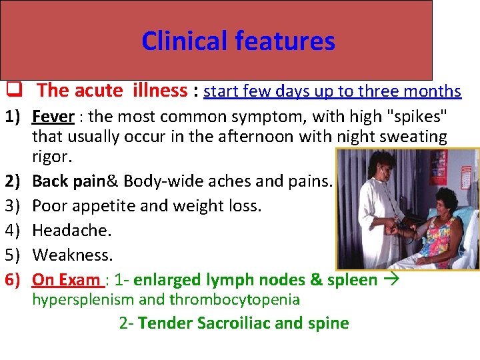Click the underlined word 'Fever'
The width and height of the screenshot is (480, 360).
point(53,117)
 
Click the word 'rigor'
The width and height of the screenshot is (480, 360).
point(49,157)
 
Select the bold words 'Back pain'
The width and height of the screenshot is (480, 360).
point(65,181)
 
